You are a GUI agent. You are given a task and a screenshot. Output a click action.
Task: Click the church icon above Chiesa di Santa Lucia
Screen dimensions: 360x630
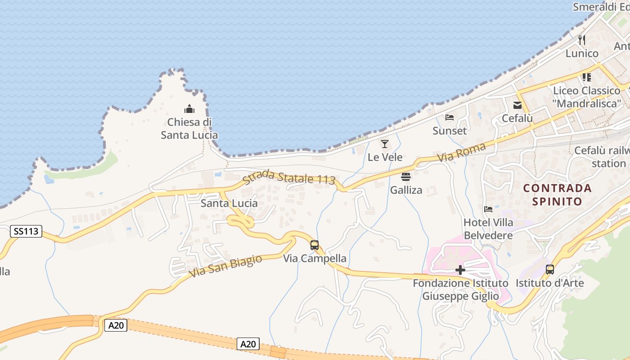click(x=189, y=109)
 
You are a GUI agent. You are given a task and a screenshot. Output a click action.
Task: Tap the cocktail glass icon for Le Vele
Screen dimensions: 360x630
click(x=385, y=144)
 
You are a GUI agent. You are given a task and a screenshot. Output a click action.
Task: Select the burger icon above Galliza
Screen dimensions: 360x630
click(x=406, y=176)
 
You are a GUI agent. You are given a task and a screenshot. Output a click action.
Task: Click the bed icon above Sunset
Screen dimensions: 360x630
click(x=449, y=117)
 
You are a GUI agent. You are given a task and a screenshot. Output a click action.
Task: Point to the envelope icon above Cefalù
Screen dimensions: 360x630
click(x=517, y=105)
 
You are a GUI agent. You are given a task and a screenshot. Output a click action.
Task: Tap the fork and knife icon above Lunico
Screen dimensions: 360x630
click(x=582, y=40)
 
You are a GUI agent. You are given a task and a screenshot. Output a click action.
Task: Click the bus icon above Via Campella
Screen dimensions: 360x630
click(x=315, y=245)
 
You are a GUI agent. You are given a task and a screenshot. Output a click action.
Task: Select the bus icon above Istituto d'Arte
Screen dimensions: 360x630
click(x=549, y=270)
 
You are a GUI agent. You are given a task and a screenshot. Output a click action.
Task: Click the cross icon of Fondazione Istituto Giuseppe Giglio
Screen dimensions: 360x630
click(x=460, y=270)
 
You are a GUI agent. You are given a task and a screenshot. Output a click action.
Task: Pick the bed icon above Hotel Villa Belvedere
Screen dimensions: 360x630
click(x=488, y=209)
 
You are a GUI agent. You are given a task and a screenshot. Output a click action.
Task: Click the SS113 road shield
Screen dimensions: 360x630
click(x=26, y=232)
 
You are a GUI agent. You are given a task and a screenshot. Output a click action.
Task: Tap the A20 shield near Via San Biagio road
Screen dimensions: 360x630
click(x=116, y=325)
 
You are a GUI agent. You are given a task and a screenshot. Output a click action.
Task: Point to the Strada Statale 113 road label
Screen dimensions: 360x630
click(x=289, y=177)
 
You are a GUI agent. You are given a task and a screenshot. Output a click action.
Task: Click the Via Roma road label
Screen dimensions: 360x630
click(x=462, y=153)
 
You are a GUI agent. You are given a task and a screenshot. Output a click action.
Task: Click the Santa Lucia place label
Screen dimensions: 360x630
click(x=229, y=203)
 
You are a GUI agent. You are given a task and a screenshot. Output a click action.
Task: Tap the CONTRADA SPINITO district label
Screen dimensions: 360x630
click(x=557, y=194)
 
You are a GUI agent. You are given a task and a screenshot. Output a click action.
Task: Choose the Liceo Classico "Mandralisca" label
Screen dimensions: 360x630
click(x=586, y=97)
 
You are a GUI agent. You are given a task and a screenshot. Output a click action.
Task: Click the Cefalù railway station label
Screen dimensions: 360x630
click(x=602, y=157)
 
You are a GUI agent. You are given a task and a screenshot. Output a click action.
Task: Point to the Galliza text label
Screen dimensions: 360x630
click(x=406, y=190)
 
